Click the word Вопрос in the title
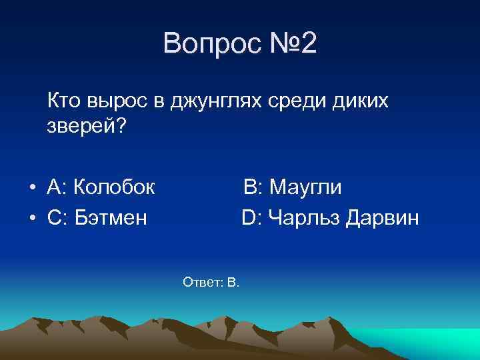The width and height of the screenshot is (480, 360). pyautogui.click(x=208, y=45)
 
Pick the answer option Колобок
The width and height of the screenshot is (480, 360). pyautogui.click(x=114, y=187)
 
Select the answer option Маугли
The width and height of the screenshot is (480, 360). pyautogui.click(x=305, y=187)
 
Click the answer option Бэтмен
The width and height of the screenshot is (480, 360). pyautogui.click(x=111, y=217)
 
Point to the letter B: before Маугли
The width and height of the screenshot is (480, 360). pyautogui.click(x=253, y=187)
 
